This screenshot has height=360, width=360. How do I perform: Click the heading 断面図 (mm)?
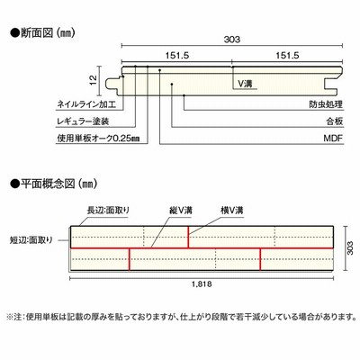[x=42, y=32]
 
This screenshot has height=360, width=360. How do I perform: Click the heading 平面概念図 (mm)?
[x=54, y=183]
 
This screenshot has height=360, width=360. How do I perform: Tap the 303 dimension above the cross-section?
[x=232, y=40]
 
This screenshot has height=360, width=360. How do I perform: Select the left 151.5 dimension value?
[x=177, y=56]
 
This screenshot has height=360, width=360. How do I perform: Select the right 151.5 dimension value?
[x=287, y=56]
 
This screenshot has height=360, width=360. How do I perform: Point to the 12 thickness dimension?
[x=94, y=79]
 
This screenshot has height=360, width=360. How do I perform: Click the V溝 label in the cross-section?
[x=245, y=84]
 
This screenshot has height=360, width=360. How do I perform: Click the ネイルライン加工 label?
[x=86, y=104]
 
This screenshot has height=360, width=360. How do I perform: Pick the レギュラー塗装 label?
[x=83, y=121]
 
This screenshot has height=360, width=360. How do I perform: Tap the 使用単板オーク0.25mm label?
[x=98, y=139]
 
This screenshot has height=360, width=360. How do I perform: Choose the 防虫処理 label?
[x=326, y=104]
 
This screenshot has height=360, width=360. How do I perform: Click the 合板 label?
[x=335, y=121]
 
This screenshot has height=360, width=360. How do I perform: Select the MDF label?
[x=333, y=139]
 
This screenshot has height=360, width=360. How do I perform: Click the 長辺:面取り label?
[x=108, y=210]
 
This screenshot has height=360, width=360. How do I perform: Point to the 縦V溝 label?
[x=181, y=210]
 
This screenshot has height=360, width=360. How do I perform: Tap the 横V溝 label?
[x=232, y=210]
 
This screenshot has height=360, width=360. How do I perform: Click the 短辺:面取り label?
[x=31, y=240]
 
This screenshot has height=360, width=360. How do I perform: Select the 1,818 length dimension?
[x=202, y=283]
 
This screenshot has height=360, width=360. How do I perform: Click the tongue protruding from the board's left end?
[x=113, y=84]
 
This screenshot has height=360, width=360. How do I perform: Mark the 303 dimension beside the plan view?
[x=350, y=247]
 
